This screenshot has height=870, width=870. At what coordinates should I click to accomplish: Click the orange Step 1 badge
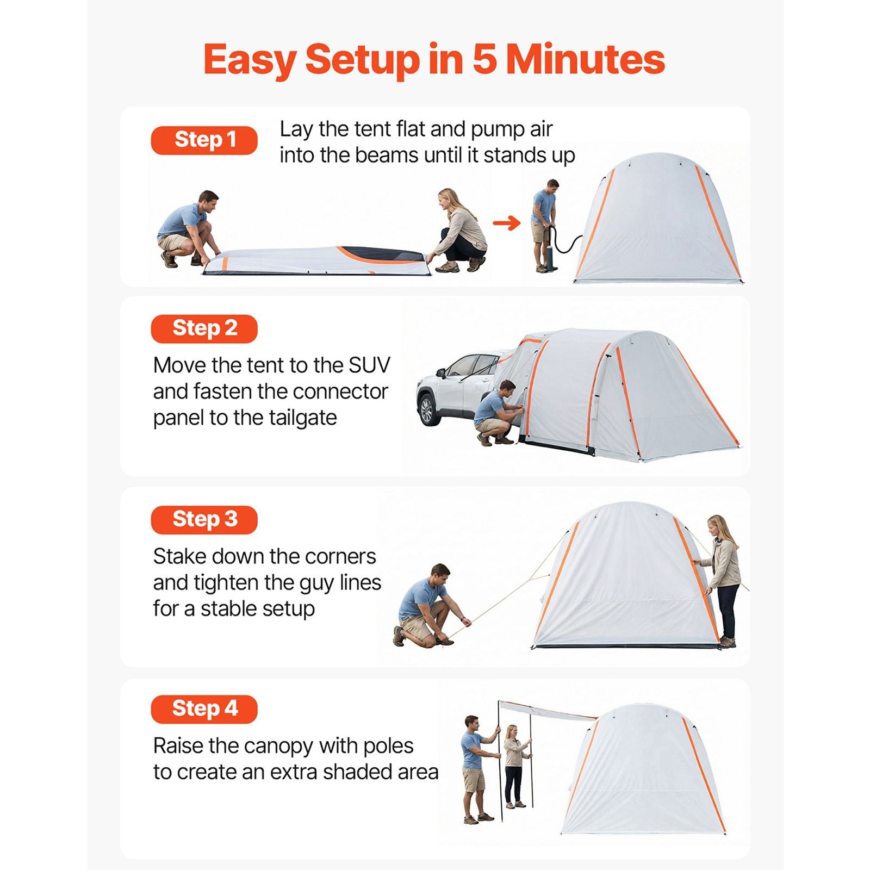(204, 140)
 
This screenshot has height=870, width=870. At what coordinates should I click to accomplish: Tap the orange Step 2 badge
(204, 328)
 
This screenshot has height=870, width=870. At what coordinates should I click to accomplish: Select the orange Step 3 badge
(204, 519)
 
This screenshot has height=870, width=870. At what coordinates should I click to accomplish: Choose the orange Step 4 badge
(204, 709)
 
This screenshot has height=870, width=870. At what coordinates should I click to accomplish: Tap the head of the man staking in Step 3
(440, 575)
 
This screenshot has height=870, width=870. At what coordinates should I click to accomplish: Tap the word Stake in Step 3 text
(179, 556)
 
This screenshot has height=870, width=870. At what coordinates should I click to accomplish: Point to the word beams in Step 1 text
(387, 155)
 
